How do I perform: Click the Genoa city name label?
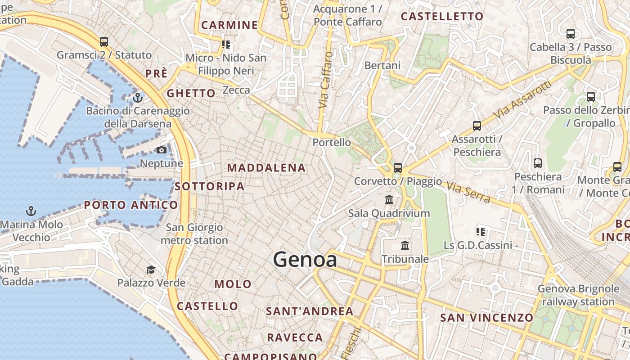(305, 260)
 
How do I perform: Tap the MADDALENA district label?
(266, 168)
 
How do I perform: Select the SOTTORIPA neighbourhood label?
(210, 186)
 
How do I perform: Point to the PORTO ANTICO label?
(131, 205)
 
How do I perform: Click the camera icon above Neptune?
(162, 150)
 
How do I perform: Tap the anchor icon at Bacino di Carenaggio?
(138, 97)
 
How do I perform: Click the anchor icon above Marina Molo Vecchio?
(31, 211)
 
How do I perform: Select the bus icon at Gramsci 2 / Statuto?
(104, 42)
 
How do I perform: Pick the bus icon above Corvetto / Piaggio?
(397, 168)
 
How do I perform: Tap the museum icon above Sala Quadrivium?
(389, 199)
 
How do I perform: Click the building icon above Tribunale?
(405, 246)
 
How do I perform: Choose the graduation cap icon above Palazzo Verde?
(151, 270)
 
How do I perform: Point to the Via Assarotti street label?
(522, 100)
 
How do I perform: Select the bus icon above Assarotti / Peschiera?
(477, 126)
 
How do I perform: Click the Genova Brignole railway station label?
(578, 295)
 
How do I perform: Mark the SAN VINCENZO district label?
(486, 318)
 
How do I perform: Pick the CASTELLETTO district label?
(442, 17)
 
